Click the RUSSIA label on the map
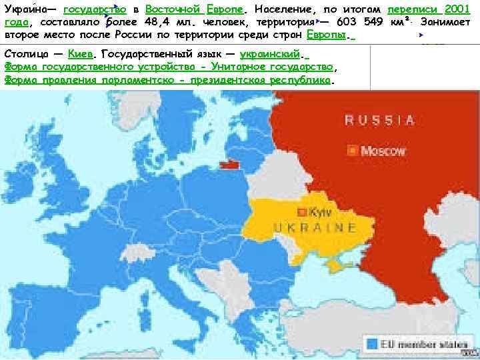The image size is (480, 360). pyautogui.click(x=379, y=120)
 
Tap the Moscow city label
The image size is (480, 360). pyautogui.click(x=383, y=151)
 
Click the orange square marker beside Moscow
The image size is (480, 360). pyautogui.click(x=351, y=151)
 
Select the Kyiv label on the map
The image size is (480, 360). pyautogui.click(x=321, y=212)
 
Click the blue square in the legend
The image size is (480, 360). pyautogui.click(x=371, y=344)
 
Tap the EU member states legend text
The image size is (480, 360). pyautogui.click(x=417, y=345)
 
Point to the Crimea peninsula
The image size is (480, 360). pyautogui.click(x=332, y=265)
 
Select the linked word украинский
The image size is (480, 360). pyautogui.click(x=269, y=54)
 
